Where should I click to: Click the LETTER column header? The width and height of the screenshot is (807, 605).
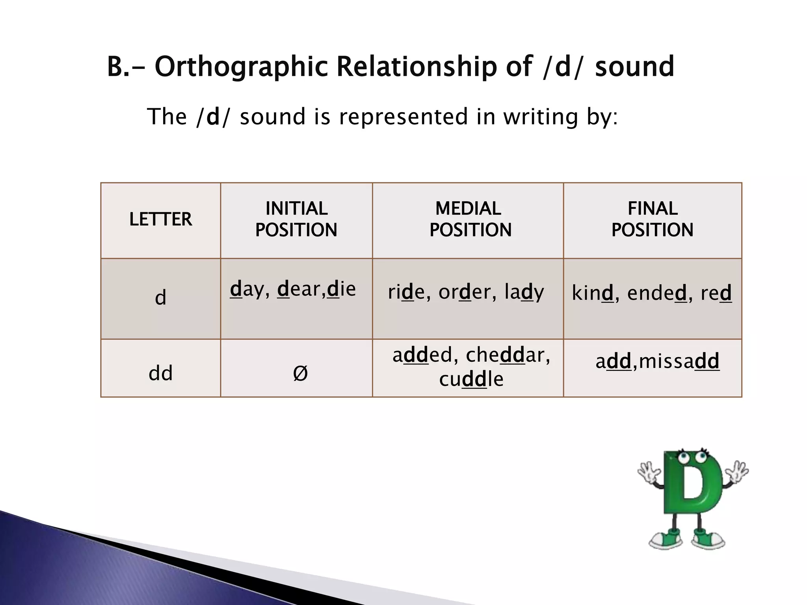160,219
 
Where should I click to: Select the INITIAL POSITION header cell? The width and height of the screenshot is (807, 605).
296,219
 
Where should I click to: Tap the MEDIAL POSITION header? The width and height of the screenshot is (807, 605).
470,219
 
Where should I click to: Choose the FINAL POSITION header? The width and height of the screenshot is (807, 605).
653,219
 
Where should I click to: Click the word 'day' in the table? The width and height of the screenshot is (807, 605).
247,290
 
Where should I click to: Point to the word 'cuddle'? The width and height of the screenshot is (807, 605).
471,380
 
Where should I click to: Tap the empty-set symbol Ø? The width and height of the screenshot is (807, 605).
300,373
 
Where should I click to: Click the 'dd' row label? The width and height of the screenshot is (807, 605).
160,373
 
